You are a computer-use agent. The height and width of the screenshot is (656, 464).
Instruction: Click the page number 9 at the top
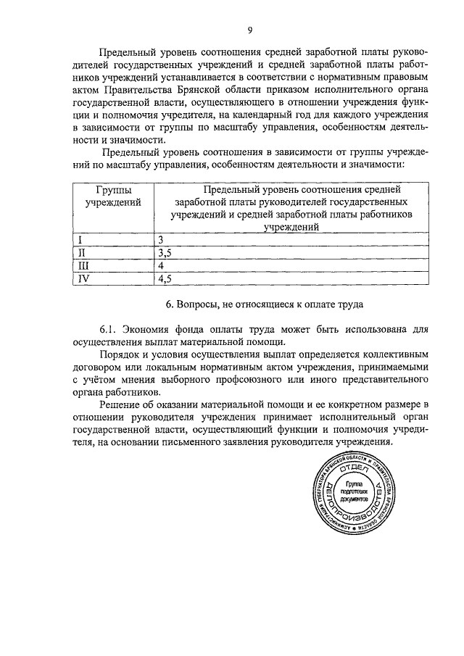[249, 30]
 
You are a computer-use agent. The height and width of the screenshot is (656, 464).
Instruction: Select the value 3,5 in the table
[165, 252]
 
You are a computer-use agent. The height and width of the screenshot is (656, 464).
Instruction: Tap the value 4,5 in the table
[165, 278]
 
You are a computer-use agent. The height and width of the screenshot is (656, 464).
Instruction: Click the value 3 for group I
[161, 239]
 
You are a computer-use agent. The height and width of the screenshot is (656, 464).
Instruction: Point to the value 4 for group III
[161, 265]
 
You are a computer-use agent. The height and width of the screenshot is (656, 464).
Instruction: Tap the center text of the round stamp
[355, 491]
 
